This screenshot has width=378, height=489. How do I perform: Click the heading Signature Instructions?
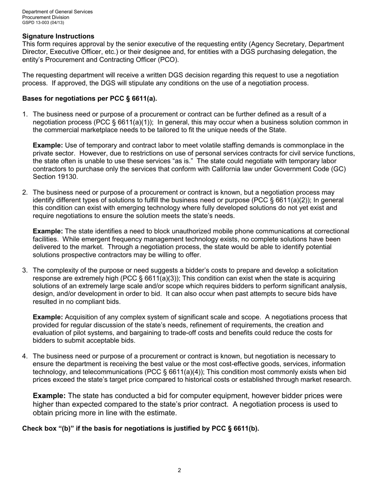[x=58, y=36]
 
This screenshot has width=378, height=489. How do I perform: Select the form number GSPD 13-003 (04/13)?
[x=43, y=23]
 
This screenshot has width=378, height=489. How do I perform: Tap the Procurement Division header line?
[x=45, y=17]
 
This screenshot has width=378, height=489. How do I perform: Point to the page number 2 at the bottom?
[x=179, y=470]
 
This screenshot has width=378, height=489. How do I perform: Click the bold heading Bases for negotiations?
[x=90, y=99]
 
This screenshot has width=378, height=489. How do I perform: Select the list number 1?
[x=25, y=114]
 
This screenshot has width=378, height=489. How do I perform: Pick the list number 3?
[x=25, y=270]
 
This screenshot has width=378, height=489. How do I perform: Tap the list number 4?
[x=25, y=356]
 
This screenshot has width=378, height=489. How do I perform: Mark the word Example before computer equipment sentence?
[x=49, y=396]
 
